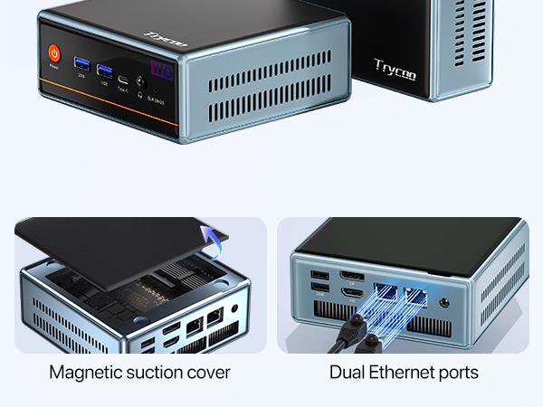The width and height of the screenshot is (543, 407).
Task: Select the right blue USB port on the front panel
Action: pos(104,70)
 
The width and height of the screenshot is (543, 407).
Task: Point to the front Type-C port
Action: pos(122,80)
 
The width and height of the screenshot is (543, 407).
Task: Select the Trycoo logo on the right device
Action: pos(395,70)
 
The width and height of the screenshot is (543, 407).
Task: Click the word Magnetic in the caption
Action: pos(84,373)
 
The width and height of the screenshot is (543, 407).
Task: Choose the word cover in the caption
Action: pos(211,373)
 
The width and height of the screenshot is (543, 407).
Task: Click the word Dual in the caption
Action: pos(347,373)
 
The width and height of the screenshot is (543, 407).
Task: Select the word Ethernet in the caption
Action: pos(404,373)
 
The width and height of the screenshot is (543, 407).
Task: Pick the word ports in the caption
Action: pos(461,373)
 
